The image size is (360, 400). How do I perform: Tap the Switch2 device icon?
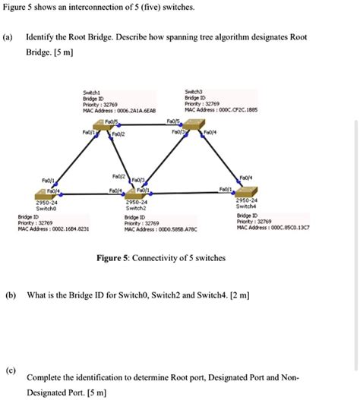pos(141,193)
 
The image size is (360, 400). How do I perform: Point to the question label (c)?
pos(8,370)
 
